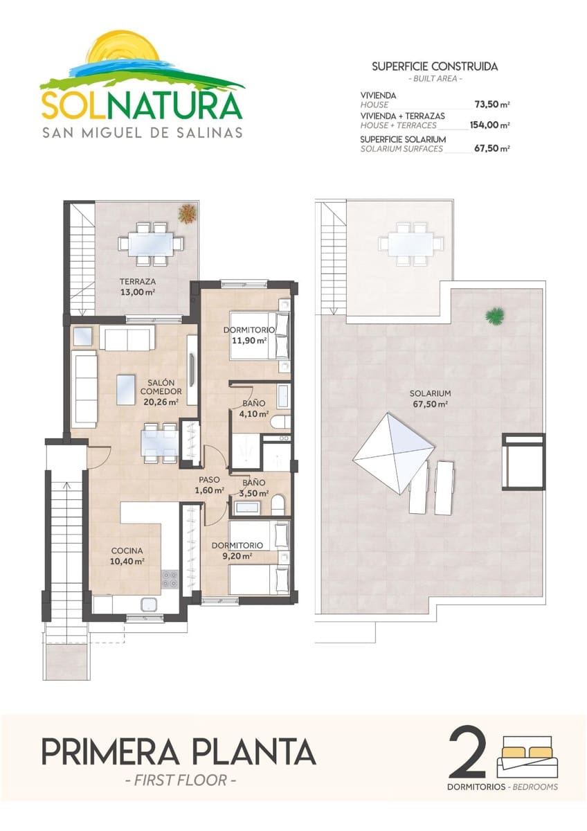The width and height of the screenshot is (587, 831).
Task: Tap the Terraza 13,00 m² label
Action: pyautogui.click(x=136, y=287)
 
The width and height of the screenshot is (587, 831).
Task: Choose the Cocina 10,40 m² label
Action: pyautogui.click(x=127, y=557)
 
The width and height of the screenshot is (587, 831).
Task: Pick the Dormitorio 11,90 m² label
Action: pyautogui.click(x=249, y=335)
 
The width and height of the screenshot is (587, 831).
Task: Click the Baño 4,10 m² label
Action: pyautogui.click(x=252, y=409)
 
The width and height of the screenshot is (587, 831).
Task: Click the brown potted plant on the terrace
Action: pyautogui.click(x=186, y=213)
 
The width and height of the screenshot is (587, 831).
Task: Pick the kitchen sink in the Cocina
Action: pyautogui.click(x=150, y=605)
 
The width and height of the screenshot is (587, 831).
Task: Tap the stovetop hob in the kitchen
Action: pyautogui.click(x=170, y=578)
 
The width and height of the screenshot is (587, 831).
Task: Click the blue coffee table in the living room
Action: pyautogui.click(x=125, y=389)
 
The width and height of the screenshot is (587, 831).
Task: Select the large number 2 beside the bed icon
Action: pyautogui.click(x=467, y=753)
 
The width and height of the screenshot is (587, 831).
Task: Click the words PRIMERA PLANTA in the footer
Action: pyautogui.click(x=179, y=751)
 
